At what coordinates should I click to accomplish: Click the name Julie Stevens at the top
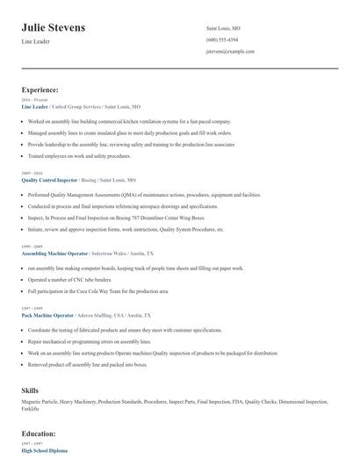click(x=54, y=28)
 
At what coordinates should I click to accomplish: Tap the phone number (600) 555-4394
click(x=223, y=39)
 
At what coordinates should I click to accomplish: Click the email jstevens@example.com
click(x=230, y=51)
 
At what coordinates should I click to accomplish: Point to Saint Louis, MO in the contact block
click(x=223, y=28)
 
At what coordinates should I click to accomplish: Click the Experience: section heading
click(x=40, y=89)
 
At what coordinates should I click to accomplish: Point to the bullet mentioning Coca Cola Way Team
click(x=97, y=290)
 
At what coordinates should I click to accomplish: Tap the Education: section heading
click(x=38, y=433)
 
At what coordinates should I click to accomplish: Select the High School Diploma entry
click(x=45, y=450)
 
